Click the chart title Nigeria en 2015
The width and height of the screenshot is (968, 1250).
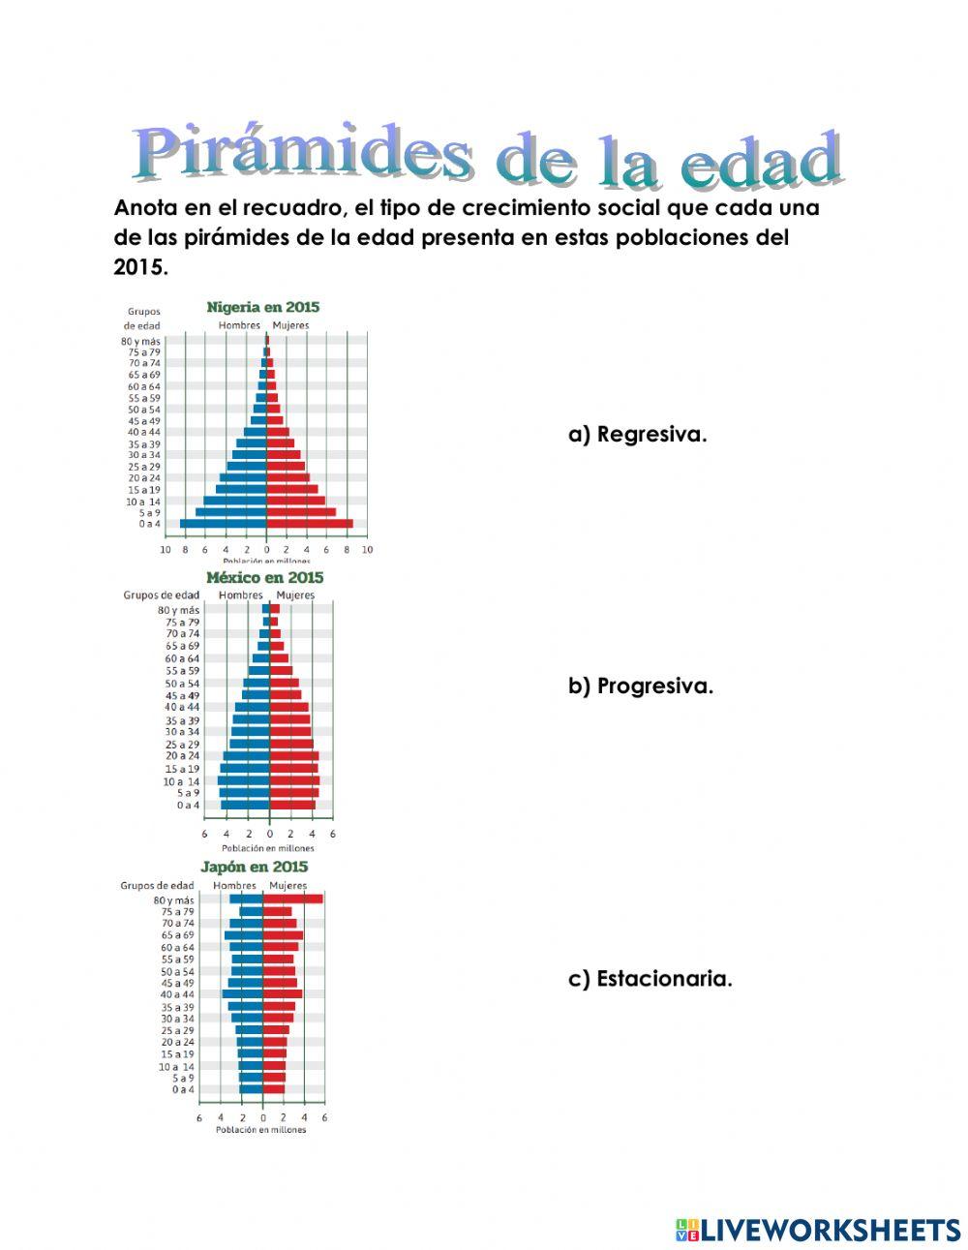tap(262, 307)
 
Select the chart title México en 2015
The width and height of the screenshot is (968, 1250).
tap(264, 577)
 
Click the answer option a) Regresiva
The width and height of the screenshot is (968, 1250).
tap(637, 434)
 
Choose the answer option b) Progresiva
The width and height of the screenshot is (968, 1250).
tap(640, 686)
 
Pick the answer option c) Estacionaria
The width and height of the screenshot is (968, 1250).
tap(650, 978)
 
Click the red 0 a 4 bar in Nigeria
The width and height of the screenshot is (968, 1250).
tap(310, 524)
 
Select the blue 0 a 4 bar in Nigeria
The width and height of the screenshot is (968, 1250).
tap(224, 524)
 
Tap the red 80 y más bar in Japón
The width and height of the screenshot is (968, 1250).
tap(292, 899)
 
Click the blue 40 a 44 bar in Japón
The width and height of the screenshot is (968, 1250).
tap(243, 994)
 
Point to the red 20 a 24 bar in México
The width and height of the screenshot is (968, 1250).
tap(293, 756)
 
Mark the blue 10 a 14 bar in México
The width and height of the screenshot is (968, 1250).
tap(244, 780)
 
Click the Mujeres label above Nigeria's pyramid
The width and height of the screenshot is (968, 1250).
tap(290, 325)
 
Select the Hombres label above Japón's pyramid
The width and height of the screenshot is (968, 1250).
tap(234, 885)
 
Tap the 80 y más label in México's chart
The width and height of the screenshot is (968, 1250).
tap(178, 610)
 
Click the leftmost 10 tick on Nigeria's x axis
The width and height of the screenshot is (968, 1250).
tap(165, 549)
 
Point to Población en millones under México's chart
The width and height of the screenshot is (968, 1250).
tap(268, 848)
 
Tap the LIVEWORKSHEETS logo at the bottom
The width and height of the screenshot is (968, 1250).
tap(818, 1230)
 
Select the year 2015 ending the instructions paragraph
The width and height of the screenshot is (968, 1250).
tap(140, 268)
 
